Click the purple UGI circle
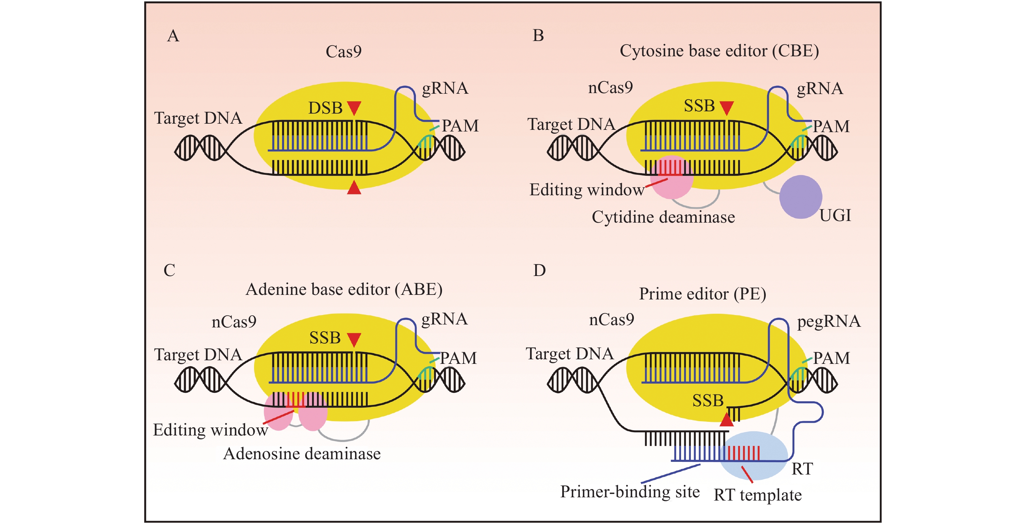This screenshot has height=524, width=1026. pos(800,197)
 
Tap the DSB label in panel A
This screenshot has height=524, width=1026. pos(325,108)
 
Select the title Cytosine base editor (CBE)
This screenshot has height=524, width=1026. pos(719,51)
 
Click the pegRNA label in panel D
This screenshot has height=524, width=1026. pos(828,321)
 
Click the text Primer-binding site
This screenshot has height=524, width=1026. pos(630,492)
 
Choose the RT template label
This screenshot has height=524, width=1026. pos(758,495)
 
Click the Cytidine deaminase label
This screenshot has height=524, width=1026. pos(663,217)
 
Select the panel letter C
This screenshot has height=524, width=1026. pos(169,270)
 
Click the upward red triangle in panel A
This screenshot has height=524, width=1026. pos(354,188)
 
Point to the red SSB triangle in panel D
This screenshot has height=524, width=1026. pos(726,420)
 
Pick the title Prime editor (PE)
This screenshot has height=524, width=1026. pos(703,294)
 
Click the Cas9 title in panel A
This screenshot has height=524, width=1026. pos(343,52)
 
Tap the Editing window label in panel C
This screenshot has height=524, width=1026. pos(210,430)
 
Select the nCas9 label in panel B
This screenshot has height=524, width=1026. pos(610,88)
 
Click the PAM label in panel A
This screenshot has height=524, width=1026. pos(460,126)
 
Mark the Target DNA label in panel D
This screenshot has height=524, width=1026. pos(570,354)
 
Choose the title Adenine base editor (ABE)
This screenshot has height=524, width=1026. pos(344,289)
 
